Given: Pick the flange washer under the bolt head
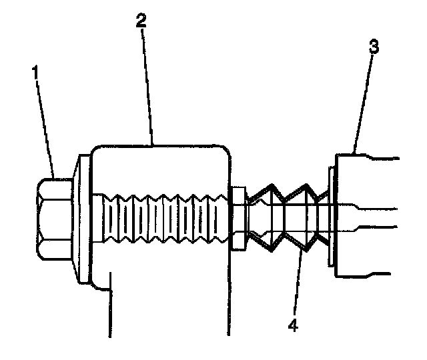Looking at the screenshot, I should point(83,219).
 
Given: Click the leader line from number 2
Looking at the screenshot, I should point(148,87).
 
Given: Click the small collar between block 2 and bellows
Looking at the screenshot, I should point(238,219).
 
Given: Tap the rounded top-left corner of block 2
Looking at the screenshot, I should point(97,151).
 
